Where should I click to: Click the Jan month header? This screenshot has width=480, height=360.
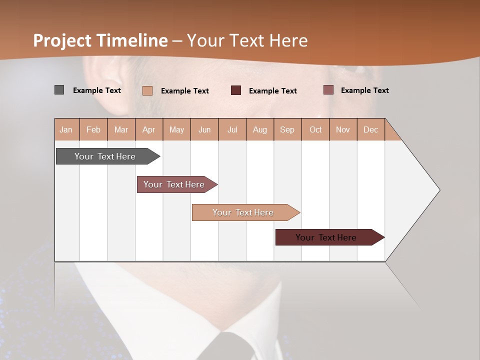pyautogui.click(x=66, y=129)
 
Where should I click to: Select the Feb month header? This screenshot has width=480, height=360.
pyautogui.click(x=93, y=129)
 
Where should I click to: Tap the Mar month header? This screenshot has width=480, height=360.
pyautogui.click(x=121, y=129)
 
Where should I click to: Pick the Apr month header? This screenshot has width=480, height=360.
pyautogui.click(x=149, y=129)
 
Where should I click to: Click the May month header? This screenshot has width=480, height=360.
pyautogui.click(x=176, y=129)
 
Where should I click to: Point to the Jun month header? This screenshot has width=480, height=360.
pyautogui.click(x=204, y=129)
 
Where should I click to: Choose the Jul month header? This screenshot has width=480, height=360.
pyautogui.click(x=232, y=129)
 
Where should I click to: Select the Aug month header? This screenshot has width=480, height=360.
pyautogui.click(x=260, y=129)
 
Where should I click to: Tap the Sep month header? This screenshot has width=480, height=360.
pyautogui.click(x=287, y=129)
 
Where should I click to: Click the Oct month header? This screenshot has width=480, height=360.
pyautogui.click(x=315, y=129)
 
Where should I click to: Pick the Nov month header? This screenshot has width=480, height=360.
pyautogui.click(x=343, y=129)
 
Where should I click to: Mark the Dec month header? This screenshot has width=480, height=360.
pyautogui.click(x=371, y=129)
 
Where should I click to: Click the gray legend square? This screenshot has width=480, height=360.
pyautogui.click(x=59, y=90)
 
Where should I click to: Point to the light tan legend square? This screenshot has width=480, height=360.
pyautogui.click(x=147, y=90)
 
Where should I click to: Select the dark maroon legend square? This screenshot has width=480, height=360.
pyautogui.click(x=236, y=90)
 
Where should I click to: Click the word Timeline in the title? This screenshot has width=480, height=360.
pyautogui.click(x=132, y=40)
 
